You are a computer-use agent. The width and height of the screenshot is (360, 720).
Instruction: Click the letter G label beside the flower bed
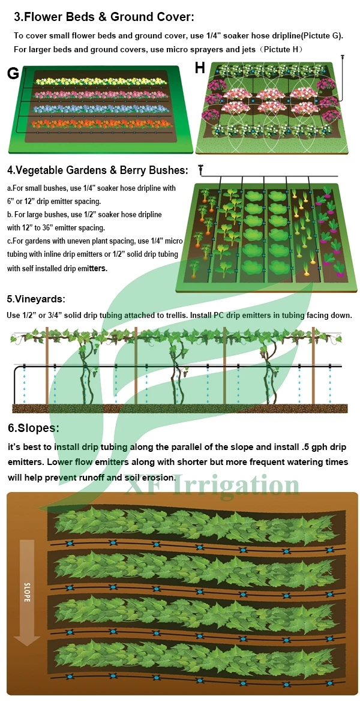13,73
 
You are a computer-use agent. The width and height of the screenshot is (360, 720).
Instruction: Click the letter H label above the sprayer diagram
200,68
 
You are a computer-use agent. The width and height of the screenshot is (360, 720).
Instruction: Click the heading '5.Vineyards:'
36,299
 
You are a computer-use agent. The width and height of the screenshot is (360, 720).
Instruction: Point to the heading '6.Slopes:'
34,428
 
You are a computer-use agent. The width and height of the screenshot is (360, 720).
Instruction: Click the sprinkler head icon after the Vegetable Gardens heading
202,171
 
